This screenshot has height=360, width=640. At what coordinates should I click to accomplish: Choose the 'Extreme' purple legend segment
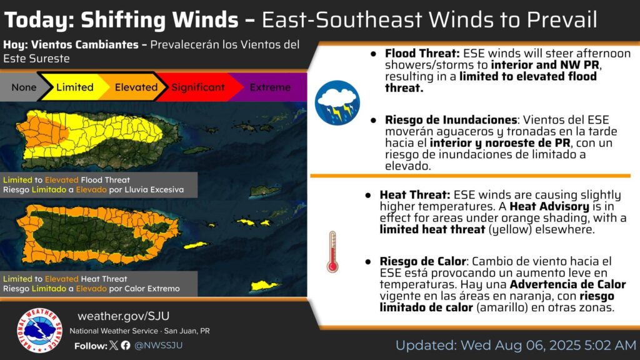point(269,87)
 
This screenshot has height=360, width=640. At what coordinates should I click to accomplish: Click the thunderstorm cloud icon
point(337,103)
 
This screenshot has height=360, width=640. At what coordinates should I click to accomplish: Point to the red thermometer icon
point(332,252)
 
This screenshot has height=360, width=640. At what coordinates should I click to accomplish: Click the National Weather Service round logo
point(39,330)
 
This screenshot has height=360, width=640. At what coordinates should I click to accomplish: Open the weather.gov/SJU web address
point(123,316)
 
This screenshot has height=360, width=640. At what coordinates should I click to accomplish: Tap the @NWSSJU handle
point(158,345)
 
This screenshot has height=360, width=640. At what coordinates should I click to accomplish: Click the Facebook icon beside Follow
point(126,345)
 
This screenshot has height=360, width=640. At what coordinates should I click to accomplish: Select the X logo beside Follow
point(114,345)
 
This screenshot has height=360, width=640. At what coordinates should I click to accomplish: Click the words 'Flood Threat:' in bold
point(422,54)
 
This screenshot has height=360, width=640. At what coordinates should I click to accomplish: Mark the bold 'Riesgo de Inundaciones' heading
point(451,120)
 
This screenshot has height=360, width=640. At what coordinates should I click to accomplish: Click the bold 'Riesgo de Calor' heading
point(423,261)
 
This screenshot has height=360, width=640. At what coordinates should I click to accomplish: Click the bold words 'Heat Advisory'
point(549,206)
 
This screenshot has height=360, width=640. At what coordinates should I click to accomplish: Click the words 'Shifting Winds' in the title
point(159,19)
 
